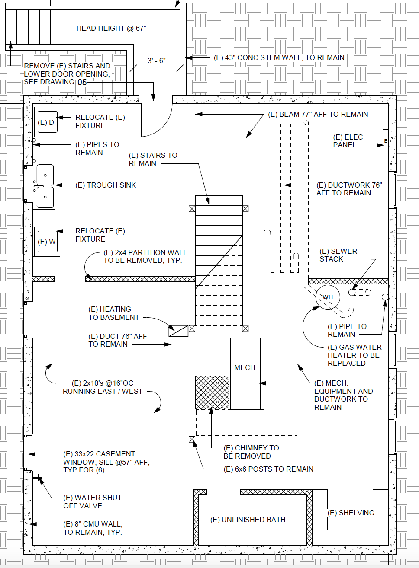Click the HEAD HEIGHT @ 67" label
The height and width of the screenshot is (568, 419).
point(111,28)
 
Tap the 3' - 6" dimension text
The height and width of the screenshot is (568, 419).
point(157,61)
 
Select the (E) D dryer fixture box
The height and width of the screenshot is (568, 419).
point(46,122)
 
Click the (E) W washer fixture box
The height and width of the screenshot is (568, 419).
point(47,242)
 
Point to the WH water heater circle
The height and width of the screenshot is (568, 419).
point(328,297)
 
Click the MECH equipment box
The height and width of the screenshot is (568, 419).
point(245,373)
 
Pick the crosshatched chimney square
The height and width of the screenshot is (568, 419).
point(212,392)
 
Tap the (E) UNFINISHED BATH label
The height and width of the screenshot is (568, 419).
point(248,520)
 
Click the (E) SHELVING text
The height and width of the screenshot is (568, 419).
point(351,513)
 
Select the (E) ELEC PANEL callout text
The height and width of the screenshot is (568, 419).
point(348,141)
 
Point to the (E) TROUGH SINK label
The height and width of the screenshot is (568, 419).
point(106,185)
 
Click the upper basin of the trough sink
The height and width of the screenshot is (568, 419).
point(45,174)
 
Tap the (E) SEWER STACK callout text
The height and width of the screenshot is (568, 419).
point(338,255)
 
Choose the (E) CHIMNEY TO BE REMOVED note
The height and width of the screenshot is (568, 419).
point(251,452)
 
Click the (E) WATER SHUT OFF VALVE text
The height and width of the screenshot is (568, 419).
point(92,501)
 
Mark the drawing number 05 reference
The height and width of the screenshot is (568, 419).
point(82,82)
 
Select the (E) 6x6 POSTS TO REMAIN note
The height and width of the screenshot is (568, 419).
point(268,469)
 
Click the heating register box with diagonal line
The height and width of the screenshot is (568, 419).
point(178,331)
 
